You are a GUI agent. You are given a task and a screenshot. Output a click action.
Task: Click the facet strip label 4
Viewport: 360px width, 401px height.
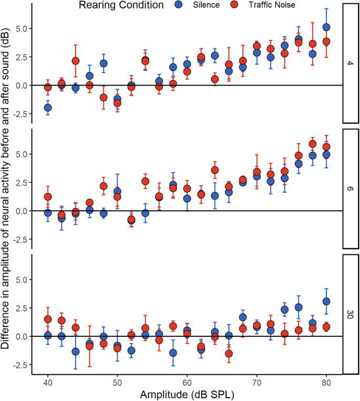[x=350, y=63]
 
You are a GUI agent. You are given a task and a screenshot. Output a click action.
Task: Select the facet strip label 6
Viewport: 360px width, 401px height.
[x=350, y=188]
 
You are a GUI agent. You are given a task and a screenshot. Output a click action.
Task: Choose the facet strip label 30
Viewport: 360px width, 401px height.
[x=350, y=314]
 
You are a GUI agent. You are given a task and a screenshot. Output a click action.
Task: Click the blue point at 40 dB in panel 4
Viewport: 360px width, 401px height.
[x=48, y=108]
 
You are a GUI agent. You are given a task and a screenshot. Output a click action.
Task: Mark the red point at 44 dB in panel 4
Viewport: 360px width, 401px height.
[x=76, y=61]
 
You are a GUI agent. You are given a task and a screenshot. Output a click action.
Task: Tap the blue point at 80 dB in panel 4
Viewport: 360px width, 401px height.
[x=326, y=27]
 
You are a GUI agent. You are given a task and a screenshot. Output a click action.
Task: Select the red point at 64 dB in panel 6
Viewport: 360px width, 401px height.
[x=215, y=170]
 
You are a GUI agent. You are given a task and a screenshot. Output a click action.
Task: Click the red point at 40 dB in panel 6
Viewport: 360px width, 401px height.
[x=48, y=197]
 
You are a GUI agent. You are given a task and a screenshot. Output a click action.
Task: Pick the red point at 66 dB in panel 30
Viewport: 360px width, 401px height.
[x=229, y=354]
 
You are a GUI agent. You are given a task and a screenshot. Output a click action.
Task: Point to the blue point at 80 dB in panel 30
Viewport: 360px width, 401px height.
[x=326, y=302]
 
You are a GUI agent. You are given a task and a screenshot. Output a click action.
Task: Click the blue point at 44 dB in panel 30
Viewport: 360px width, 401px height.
[x=76, y=352]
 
